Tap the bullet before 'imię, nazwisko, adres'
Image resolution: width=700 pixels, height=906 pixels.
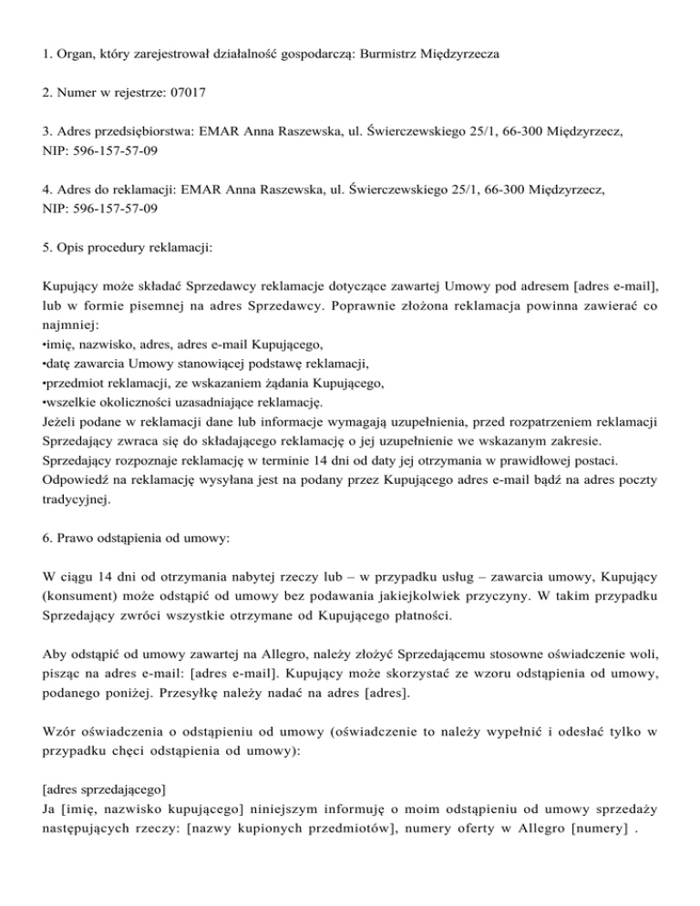pyautogui.click(x=45, y=345)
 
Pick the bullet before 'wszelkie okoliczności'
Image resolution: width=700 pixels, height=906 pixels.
pyautogui.click(x=45, y=403)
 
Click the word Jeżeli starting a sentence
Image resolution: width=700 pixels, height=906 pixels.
pyautogui.click(x=61, y=422)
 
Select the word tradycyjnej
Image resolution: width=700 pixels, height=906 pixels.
pyautogui.click(x=78, y=499)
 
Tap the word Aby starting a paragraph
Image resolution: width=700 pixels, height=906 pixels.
pyautogui.click(x=54, y=654)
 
